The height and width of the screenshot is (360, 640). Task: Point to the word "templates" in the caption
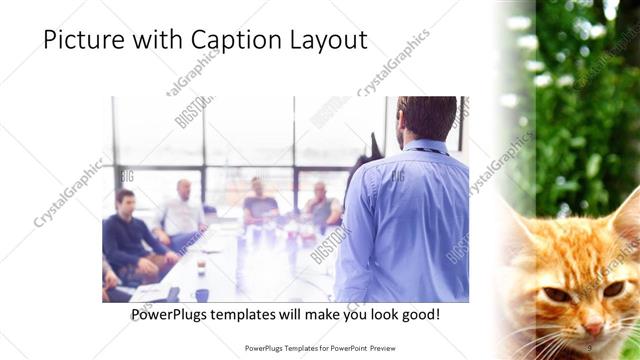point(256,314)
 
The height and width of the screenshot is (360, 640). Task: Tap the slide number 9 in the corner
point(589,347)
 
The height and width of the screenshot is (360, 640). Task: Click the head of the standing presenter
point(427,118)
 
